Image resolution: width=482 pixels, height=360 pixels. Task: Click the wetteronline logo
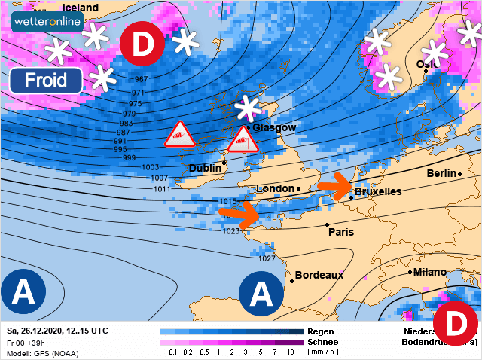[x=47, y=23]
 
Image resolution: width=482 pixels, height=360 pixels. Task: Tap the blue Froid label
[x=46, y=81]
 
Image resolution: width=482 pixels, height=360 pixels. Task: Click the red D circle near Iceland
[x=143, y=44]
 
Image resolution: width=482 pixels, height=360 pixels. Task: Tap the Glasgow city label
[x=274, y=127]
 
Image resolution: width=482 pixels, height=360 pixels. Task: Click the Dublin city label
[x=205, y=168]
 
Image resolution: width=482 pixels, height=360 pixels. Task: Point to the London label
[x=275, y=188]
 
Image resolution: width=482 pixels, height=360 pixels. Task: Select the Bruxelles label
[x=378, y=191]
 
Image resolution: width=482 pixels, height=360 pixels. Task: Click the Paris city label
[x=340, y=231]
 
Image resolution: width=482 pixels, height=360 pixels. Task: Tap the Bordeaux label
[x=319, y=275]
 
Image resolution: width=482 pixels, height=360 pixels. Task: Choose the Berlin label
[x=441, y=173]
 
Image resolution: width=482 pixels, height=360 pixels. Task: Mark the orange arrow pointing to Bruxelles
[x=334, y=184]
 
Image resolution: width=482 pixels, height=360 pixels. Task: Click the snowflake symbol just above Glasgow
[x=246, y=109]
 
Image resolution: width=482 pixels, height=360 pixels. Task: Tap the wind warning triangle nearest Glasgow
[x=242, y=139]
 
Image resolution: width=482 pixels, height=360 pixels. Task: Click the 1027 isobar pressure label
[x=267, y=258]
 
